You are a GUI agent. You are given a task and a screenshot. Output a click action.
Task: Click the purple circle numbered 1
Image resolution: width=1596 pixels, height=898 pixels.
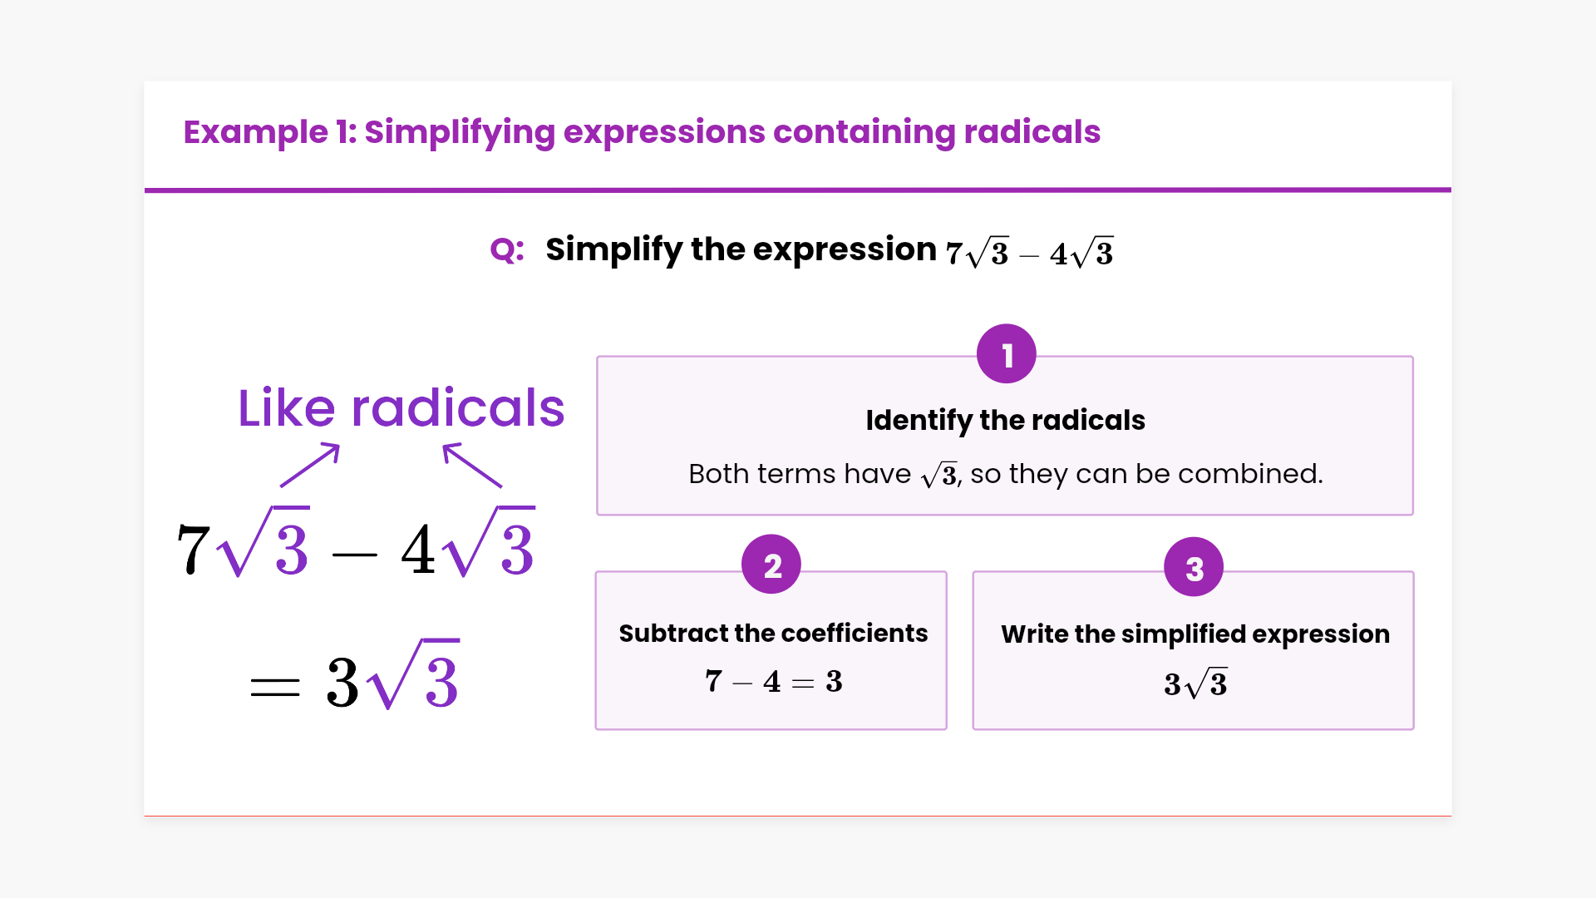tap(1007, 353)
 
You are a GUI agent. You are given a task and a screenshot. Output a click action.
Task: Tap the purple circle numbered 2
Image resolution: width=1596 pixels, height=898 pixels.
tap(771, 564)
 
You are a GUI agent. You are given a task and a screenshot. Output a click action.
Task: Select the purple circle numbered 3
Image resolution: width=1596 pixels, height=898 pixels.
tap(1194, 567)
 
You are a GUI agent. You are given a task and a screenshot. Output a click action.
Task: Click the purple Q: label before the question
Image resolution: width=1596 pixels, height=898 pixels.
tap(507, 249)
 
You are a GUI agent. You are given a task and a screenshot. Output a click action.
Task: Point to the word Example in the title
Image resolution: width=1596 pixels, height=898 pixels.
tap(256, 132)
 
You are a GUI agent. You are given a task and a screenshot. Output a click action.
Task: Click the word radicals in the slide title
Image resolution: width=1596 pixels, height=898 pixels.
tap(1032, 131)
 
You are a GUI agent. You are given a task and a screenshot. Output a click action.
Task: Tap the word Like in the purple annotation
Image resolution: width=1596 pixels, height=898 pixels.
tap(287, 408)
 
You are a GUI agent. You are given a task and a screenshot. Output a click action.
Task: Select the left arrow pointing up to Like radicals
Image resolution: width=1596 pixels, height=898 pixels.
tap(310, 465)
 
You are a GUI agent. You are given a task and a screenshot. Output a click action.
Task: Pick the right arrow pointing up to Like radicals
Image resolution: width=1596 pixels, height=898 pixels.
tap(472, 465)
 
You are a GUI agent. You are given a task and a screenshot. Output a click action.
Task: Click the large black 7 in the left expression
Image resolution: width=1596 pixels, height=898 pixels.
tap(194, 549)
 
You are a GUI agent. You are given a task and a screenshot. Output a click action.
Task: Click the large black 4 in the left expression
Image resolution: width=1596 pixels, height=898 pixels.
tap(418, 549)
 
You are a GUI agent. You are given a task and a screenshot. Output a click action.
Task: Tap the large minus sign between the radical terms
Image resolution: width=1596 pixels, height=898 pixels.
tap(355, 555)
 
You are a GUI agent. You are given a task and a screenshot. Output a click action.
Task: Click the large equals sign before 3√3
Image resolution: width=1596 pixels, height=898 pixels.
tap(275, 686)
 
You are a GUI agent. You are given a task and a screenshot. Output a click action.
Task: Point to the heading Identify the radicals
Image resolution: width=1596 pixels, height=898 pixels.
tap(1005, 421)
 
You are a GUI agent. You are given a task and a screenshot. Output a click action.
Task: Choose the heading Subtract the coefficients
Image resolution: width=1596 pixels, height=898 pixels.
tap(773, 634)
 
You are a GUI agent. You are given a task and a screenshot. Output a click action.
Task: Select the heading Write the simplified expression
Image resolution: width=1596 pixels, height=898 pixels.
tap(1195, 634)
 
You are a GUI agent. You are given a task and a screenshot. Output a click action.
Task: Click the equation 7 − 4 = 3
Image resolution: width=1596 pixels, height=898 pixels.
tap(774, 682)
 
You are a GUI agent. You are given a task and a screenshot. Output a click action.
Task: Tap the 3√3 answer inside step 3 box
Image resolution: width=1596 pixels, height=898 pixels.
tap(1195, 683)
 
